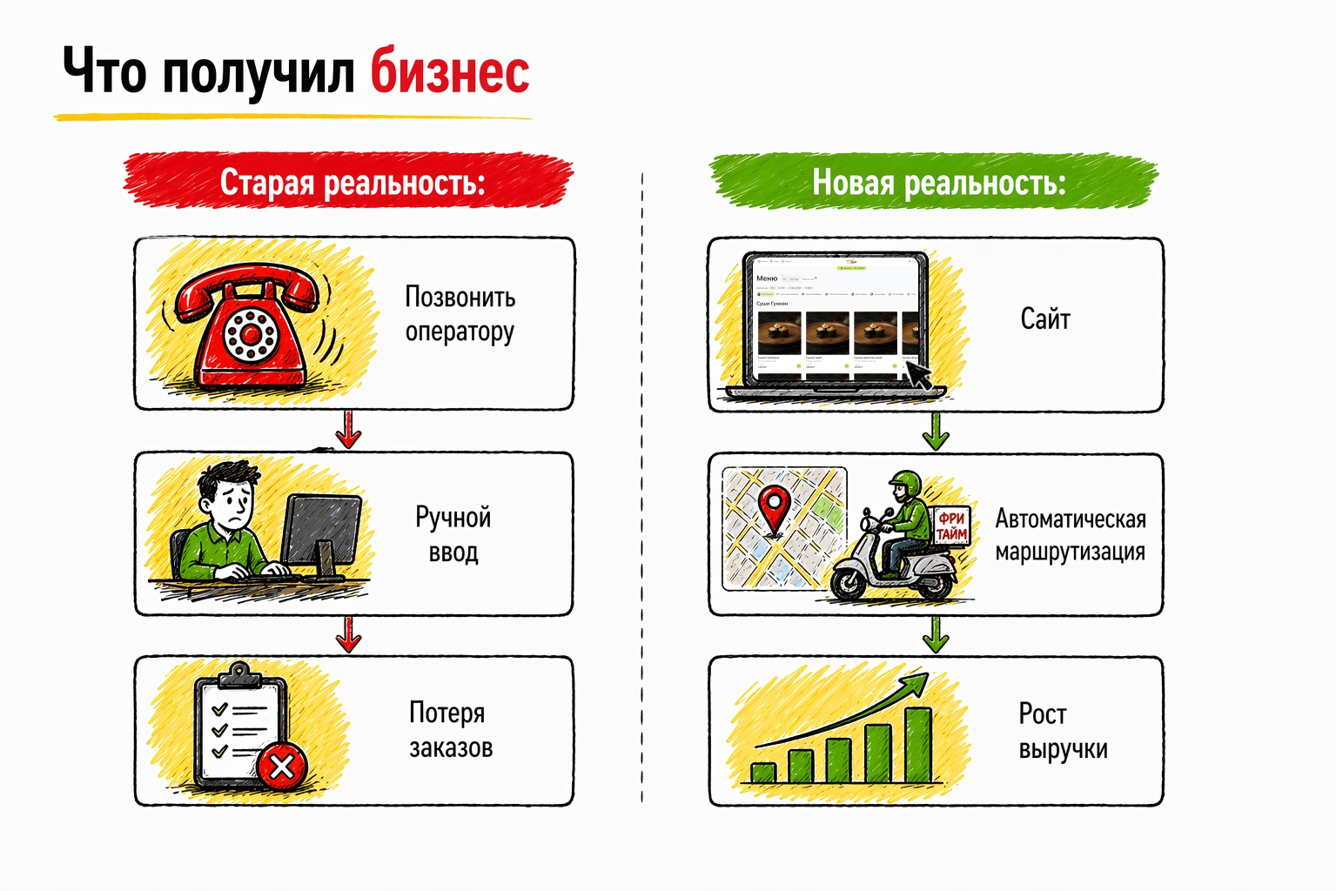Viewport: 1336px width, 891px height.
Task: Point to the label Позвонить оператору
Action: pyautogui.click(x=460, y=314)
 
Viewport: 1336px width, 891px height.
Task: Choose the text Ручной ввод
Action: pyautogui.click(x=453, y=534)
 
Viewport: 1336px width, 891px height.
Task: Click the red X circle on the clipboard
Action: pyautogui.click(x=282, y=767)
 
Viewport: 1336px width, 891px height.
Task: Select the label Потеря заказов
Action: pyautogui.click(x=451, y=730)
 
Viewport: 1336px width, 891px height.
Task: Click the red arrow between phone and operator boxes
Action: pyautogui.click(x=349, y=430)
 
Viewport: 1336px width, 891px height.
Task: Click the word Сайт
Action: pyautogui.click(x=1044, y=319)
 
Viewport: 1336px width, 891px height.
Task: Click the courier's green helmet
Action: pyautogui.click(x=906, y=484)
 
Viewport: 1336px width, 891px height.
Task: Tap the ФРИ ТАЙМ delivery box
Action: pyautogui.click(x=951, y=526)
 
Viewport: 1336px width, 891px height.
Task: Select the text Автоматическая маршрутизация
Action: pyautogui.click(x=1070, y=535)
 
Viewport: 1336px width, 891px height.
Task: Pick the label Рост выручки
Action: pyautogui.click(x=1062, y=732)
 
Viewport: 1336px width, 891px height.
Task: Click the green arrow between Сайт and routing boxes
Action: pyautogui.click(x=936, y=432)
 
